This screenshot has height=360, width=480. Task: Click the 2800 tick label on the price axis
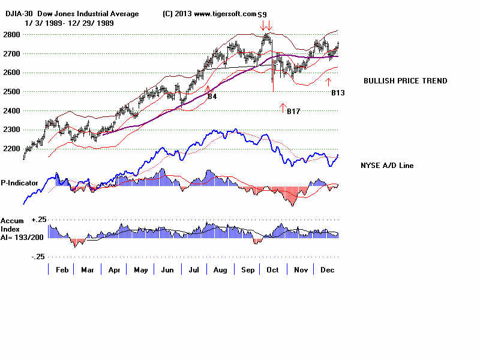(11, 34)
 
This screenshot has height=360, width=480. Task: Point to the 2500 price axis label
(11, 91)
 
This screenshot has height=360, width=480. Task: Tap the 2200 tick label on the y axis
(11, 148)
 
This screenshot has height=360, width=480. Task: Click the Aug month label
(220, 270)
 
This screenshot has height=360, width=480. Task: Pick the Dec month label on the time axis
(326, 270)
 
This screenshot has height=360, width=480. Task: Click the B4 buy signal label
(212, 96)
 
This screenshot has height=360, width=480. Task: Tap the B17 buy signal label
(293, 112)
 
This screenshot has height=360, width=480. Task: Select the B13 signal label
(338, 93)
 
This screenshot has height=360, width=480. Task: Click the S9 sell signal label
(263, 13)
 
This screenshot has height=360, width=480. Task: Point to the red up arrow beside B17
(283, 108)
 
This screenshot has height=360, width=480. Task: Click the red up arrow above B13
(328, 81)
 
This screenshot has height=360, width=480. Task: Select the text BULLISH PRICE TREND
(406, 81)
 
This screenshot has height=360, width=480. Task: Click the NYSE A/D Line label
(386, 166)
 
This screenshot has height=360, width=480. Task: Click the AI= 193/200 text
(22, 237)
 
